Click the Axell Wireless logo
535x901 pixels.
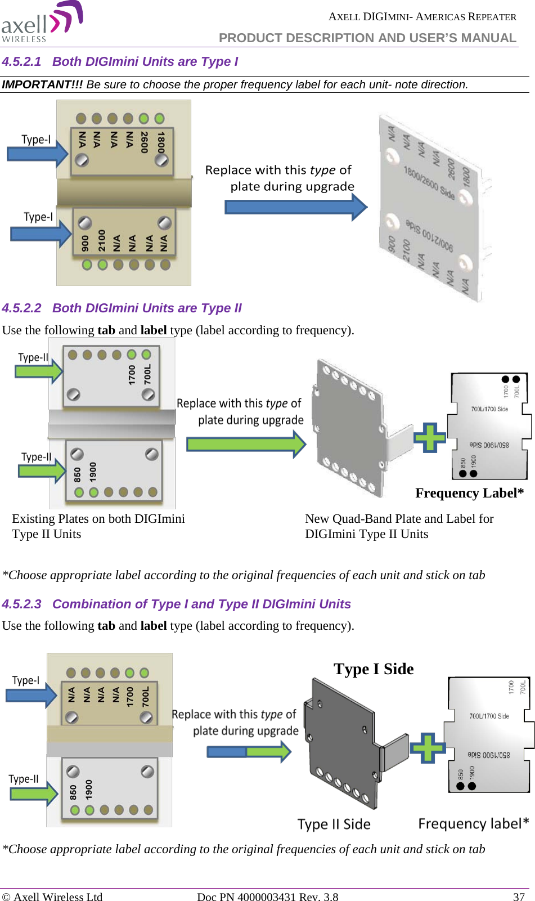point(42,23)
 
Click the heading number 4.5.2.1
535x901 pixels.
point(21,62)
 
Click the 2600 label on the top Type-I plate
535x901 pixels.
point(145,142)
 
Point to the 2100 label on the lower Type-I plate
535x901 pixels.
point(102,240)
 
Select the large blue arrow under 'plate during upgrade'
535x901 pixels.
point(295,207)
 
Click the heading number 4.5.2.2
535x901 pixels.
point(21,308)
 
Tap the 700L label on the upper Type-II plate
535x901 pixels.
point(147,374)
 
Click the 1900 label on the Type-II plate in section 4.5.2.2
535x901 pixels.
point(93,472)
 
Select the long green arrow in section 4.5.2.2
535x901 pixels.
point(246,444)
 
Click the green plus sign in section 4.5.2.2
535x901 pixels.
point(430,437)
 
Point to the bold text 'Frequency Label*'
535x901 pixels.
point(469,494)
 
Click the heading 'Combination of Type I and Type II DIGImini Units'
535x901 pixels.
point(201,604)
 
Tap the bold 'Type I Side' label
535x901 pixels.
point(374,669)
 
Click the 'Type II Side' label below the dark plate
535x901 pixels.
point(334,824)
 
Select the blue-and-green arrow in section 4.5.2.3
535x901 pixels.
point(248,751)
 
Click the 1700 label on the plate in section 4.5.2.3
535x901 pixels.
point(130,696)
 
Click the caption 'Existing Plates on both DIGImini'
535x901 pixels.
point(98,519)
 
